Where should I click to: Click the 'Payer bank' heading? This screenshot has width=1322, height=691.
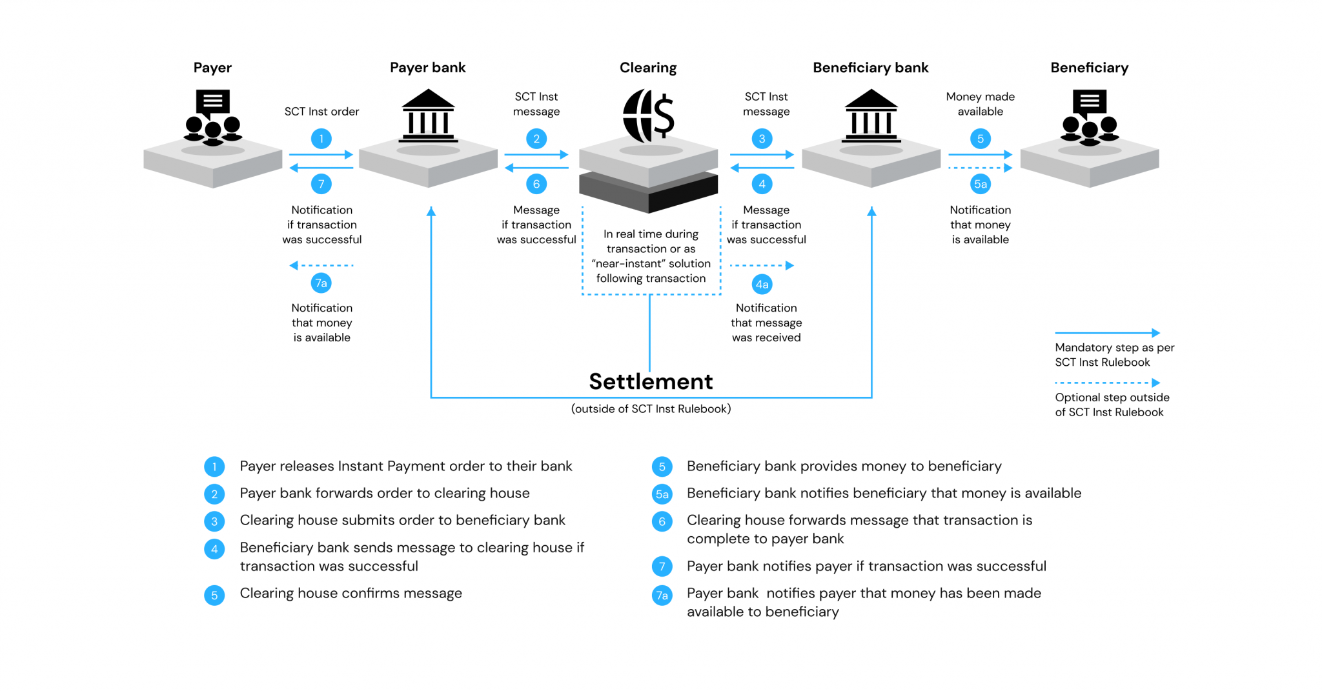pyautogui.click(x=427, y=68)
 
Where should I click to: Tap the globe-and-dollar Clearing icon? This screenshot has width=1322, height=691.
pyautogui.click(x=648, y=117)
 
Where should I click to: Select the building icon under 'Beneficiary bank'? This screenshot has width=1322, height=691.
pyautogui.click(x=871, y=116)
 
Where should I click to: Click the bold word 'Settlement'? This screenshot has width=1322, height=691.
pyautogui.click(x=651, y=381)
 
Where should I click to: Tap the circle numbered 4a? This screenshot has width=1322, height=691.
pyautogui.click(x=762, y=285)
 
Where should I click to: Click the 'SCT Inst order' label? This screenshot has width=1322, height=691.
pyautogui.click(x=321, y=112)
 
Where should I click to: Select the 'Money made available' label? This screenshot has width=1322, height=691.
pyautogui.click(x=980, y=104)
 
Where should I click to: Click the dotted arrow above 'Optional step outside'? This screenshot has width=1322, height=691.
pyautogui.click(x=1107, y=383)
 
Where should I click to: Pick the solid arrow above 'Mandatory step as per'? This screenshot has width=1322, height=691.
pyautogui.click(x=1107, y=333)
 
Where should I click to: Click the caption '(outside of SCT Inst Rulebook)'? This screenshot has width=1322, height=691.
pyautogui.click(x=651, y=409)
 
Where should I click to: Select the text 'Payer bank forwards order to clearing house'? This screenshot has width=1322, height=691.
pyautogui.click(x=385, y=494)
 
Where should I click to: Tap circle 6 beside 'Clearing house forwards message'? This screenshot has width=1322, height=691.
pyautogui.click(x=662, y=521)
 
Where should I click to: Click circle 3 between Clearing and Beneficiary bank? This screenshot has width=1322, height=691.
pyautogui.click(x=762, y=139)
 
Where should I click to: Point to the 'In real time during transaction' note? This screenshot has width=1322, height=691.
pyautogui.click(x=651, y=256)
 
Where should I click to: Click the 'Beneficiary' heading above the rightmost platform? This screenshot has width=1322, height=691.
pyautogui.click(x=1089, y=68)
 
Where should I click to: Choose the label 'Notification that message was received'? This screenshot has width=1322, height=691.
pyautogui.click(x=766, y=323)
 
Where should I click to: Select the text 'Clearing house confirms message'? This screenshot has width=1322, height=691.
pyautogui.click(x=351, y=594)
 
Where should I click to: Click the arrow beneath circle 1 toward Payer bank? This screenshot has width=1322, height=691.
pyautogui.click(x=321, y=155)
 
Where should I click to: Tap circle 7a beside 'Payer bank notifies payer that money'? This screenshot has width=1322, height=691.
pyautogui.click(x=662, y=596)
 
